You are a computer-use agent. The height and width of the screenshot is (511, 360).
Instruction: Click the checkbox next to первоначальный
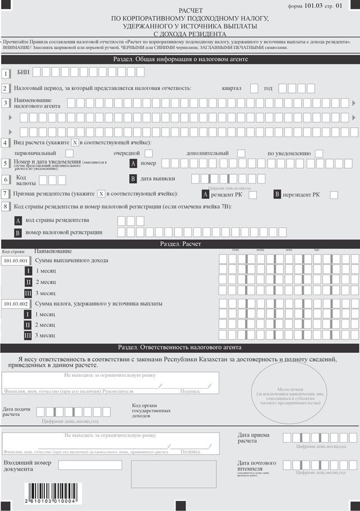(x=70, y=153)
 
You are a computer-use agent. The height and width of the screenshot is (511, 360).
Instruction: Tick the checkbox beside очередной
(x=149, y=153)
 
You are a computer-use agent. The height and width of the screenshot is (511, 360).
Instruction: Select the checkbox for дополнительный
(x=241, y=153)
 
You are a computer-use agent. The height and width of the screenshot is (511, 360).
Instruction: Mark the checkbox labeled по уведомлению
(x=319, y=153)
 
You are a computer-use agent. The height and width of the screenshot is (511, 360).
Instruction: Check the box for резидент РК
(x=253, y=194)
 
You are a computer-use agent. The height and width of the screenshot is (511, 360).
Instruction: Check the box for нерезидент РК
(x=334, y=194)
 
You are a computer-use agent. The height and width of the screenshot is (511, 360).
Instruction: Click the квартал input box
(x=254, y=88)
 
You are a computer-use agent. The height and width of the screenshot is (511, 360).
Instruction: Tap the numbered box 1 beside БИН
(x=6, y=73)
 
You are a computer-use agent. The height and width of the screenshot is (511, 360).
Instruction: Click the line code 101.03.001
(x=16, y=261)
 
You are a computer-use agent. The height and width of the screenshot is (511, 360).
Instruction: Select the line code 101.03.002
(x=16, y=304)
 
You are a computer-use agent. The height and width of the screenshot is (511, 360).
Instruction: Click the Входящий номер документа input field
(x=90, y=465)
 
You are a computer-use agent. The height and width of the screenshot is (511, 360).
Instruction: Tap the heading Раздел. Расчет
(x=180, y=244)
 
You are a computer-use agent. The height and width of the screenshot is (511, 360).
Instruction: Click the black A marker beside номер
(x=133, y=163)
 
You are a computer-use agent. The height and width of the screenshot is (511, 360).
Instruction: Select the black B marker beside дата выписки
(x=133, y=179)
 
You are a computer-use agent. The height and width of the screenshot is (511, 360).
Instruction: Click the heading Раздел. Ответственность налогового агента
(x=180, y=347)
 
